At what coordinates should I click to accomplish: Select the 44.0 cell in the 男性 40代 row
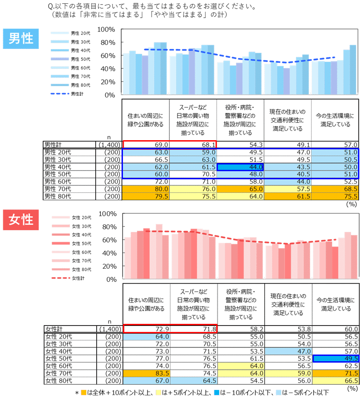tap(240, 167)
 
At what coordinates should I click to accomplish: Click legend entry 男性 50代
tap(70, 59)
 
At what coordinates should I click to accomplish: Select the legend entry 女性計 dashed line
tap(70, 278)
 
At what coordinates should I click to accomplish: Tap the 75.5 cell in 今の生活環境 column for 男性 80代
tap(335, 196)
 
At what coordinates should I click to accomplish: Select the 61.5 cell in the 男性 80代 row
tap(287, 196)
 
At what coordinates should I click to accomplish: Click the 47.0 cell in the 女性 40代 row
tap(288, 351)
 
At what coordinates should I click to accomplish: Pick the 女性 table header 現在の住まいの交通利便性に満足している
tap(288, 305)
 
